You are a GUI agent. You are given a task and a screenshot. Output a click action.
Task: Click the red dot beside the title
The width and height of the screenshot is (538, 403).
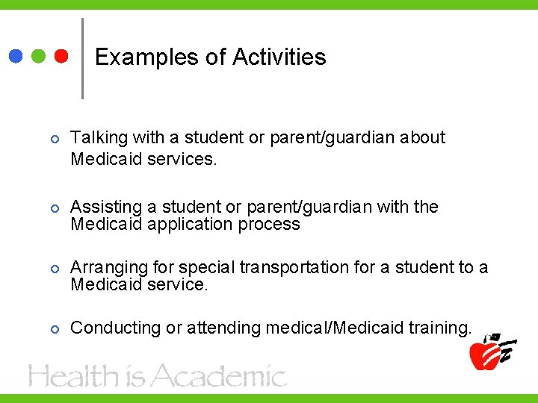click(61, 56)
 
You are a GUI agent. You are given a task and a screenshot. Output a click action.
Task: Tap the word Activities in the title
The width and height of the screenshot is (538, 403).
click(279, 57)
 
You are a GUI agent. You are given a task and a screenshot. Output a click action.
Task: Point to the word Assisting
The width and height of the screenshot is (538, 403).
click(102, 207)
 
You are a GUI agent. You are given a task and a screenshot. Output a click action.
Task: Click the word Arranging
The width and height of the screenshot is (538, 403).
click(106, 267)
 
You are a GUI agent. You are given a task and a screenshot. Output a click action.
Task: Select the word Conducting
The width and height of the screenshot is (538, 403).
click(109, 328)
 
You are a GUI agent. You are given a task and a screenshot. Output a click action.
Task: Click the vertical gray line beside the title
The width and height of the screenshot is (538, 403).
click(81, 58)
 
